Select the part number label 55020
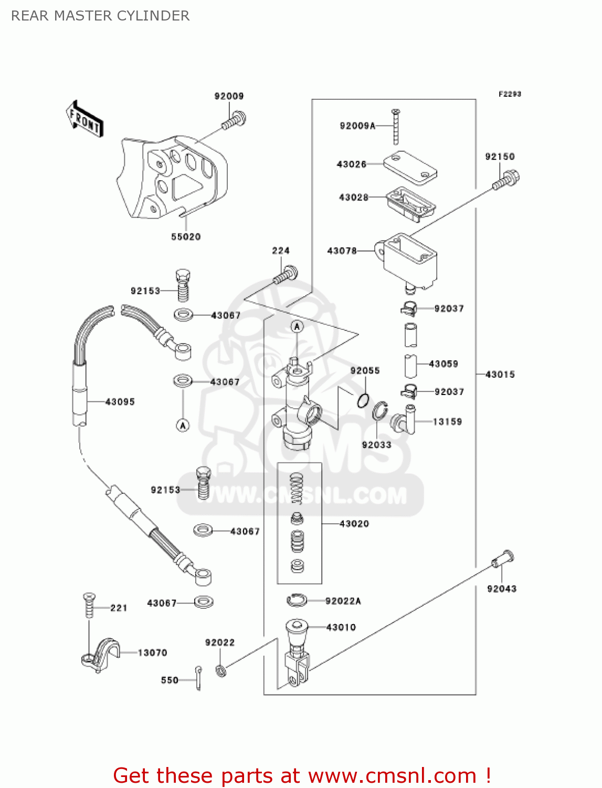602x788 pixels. tap(186, 237)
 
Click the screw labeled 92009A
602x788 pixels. tap(396, 127)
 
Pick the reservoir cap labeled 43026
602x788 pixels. tap(410, 168)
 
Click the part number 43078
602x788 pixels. tap(342, 251)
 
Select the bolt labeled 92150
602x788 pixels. tap(506, 180)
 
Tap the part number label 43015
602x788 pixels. tap(500, 375)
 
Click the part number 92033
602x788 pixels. tap(376, 445)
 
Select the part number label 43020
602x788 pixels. tap(354, 524)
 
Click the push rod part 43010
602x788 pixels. tap(297, 651)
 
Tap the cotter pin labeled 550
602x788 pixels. tap(198, 678)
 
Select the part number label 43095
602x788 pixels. tap(120, 402)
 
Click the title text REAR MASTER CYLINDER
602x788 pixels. tap(100, 16)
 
